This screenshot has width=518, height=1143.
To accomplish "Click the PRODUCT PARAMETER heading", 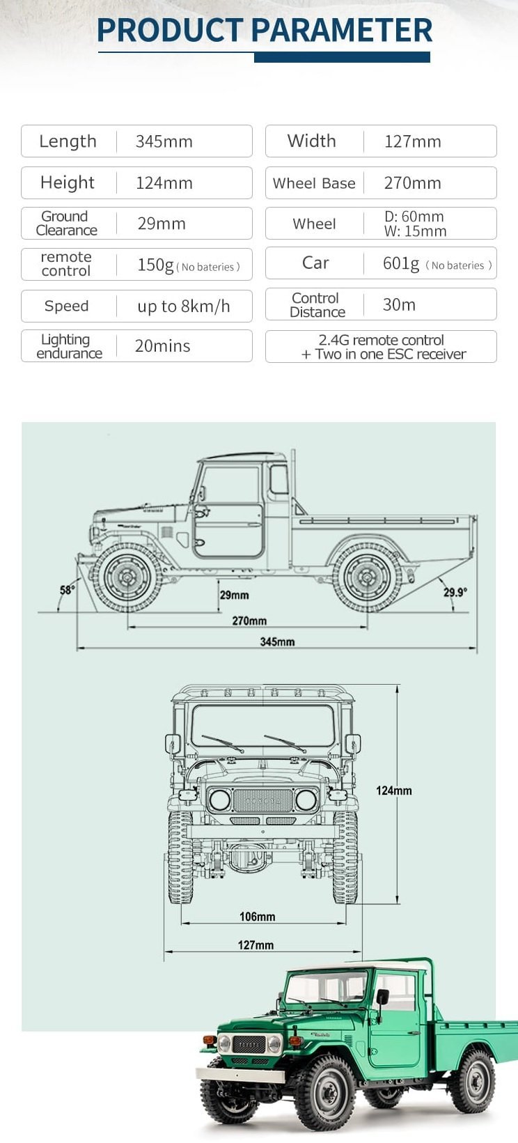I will (x=265, y=30).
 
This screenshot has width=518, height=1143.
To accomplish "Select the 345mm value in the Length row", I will (x=164, y=141).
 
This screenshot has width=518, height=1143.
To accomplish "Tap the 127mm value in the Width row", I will (x=412, y=141).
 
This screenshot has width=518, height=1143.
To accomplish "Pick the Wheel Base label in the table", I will (x=314, y=183).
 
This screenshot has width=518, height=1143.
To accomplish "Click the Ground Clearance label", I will (x=66, y=224).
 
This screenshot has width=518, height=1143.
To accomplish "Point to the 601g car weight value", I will (x=401, y=263).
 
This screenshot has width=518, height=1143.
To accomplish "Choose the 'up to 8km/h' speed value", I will (x=183, y=306).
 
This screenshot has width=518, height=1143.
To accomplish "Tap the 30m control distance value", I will (x=399, y=304).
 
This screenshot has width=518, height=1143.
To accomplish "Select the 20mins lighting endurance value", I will (x=162, y=346).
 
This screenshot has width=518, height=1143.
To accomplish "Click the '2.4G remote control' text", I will (x=381, y=340).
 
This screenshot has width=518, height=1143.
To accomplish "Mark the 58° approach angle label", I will (x=67, y=590).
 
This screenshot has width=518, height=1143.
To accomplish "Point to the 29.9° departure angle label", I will (x=455, y=592).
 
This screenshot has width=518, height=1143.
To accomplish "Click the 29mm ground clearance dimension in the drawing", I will (x=234, y=595).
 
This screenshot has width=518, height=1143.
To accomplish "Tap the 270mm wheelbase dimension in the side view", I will (x=249, y=621).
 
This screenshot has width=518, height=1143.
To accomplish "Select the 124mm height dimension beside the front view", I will (x=393, y=791).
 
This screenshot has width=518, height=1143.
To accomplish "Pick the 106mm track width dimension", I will (x=257, y=917).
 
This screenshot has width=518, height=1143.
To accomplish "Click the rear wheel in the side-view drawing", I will (x=367, y=577).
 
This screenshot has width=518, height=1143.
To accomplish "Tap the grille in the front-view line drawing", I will (x=262, y=800).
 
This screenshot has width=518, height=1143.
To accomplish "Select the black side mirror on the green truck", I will (x=382, y=997).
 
